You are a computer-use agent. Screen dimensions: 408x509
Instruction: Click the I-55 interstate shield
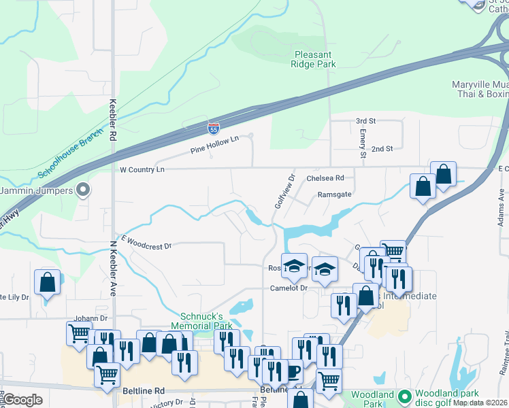coord(213,127)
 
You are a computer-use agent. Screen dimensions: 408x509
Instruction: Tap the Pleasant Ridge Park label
coord(314,59)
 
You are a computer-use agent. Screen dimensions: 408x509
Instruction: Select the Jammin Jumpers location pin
coord(83,190)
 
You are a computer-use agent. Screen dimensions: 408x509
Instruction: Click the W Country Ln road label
coord(142,169)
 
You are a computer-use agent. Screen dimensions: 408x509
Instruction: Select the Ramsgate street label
coord(335,194)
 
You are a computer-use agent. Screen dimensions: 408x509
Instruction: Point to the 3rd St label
coord(365,121)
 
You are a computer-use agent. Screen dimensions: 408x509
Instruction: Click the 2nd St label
coord(382,149)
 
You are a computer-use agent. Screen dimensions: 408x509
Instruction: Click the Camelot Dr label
coord(289,288)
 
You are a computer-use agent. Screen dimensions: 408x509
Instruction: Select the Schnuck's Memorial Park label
coord(207,321)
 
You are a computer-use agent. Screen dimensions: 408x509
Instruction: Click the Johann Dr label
coord(91,318)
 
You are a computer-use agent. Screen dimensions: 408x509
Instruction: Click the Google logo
coord(23,401)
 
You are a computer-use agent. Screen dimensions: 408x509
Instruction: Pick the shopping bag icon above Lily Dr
coord(47,282)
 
